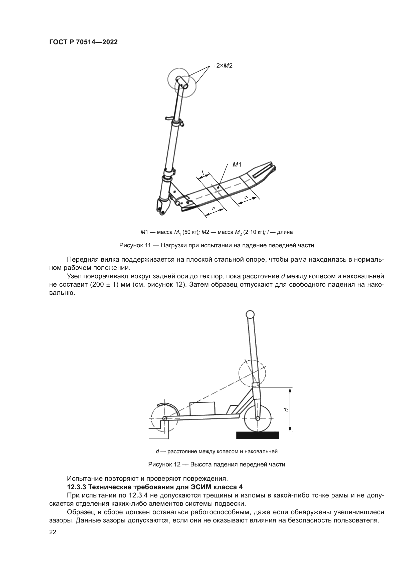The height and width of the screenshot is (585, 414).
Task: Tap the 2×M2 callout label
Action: pos(224,66)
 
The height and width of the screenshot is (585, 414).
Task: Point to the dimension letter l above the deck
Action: pos(203,173)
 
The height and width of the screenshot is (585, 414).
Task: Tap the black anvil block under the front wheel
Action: pos(258,435)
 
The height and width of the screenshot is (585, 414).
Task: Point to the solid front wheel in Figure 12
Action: pos(258,418)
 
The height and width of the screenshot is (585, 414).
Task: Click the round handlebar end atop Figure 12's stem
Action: pos(250,314)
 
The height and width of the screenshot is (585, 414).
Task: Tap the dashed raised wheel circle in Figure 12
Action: pos(252,373)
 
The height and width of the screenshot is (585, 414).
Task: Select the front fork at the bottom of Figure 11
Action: pos(162,206)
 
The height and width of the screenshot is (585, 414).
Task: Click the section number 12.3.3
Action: pos(77,487)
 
